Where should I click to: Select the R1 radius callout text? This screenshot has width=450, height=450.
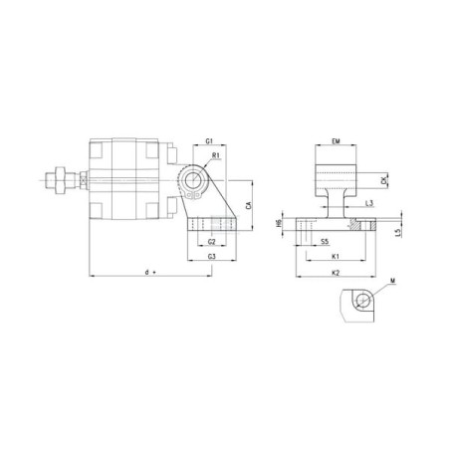pyautogui.click(x=215, y=156)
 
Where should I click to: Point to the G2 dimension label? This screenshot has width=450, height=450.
pyautogui.click(x=211, y=242)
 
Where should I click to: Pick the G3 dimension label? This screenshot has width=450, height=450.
pyautogui.click(x=213, y=257)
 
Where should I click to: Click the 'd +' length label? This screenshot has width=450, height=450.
pyautogui.click(x=150, y=271)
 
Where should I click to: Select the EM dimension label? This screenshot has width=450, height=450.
pyautogui.click(x=337, y=143)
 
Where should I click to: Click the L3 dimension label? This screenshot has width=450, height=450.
pyautogui.click(x=369, y=204)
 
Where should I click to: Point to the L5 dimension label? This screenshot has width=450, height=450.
pyautogui.click(x=398, y=232)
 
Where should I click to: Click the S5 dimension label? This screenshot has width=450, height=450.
pyautogui.click(x=326, y=242)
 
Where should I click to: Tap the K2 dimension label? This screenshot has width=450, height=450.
pyautogui.click(x=336, y=271)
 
